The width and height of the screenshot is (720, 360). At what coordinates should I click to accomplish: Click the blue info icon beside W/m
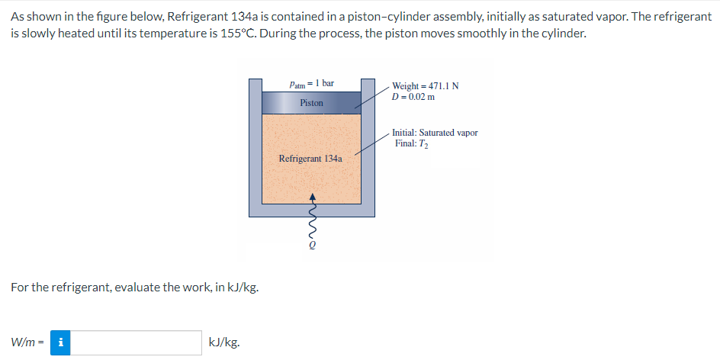[x=60, y=342]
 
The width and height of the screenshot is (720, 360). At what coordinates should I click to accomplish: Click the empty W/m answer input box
[x=137, y=342]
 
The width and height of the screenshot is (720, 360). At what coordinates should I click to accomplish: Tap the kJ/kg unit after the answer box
[x=224, y=342]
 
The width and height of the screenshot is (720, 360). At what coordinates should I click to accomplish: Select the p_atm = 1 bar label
[x=311, y=82]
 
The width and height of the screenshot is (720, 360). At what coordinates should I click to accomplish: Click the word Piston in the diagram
[x=311, y=102]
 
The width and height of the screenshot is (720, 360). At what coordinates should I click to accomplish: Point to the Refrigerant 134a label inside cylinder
[x=310, y=159]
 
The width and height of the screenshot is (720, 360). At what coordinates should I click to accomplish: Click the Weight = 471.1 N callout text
[x=425, y=85]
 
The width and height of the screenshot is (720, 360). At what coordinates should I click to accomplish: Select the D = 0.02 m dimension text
[x=413, y=96]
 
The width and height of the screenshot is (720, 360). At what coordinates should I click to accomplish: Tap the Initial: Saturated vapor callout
[x=436, y=133]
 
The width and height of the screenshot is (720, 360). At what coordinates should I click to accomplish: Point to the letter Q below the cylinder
[x=311, y=246]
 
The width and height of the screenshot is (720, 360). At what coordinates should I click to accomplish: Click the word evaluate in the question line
[x=115, y=288]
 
